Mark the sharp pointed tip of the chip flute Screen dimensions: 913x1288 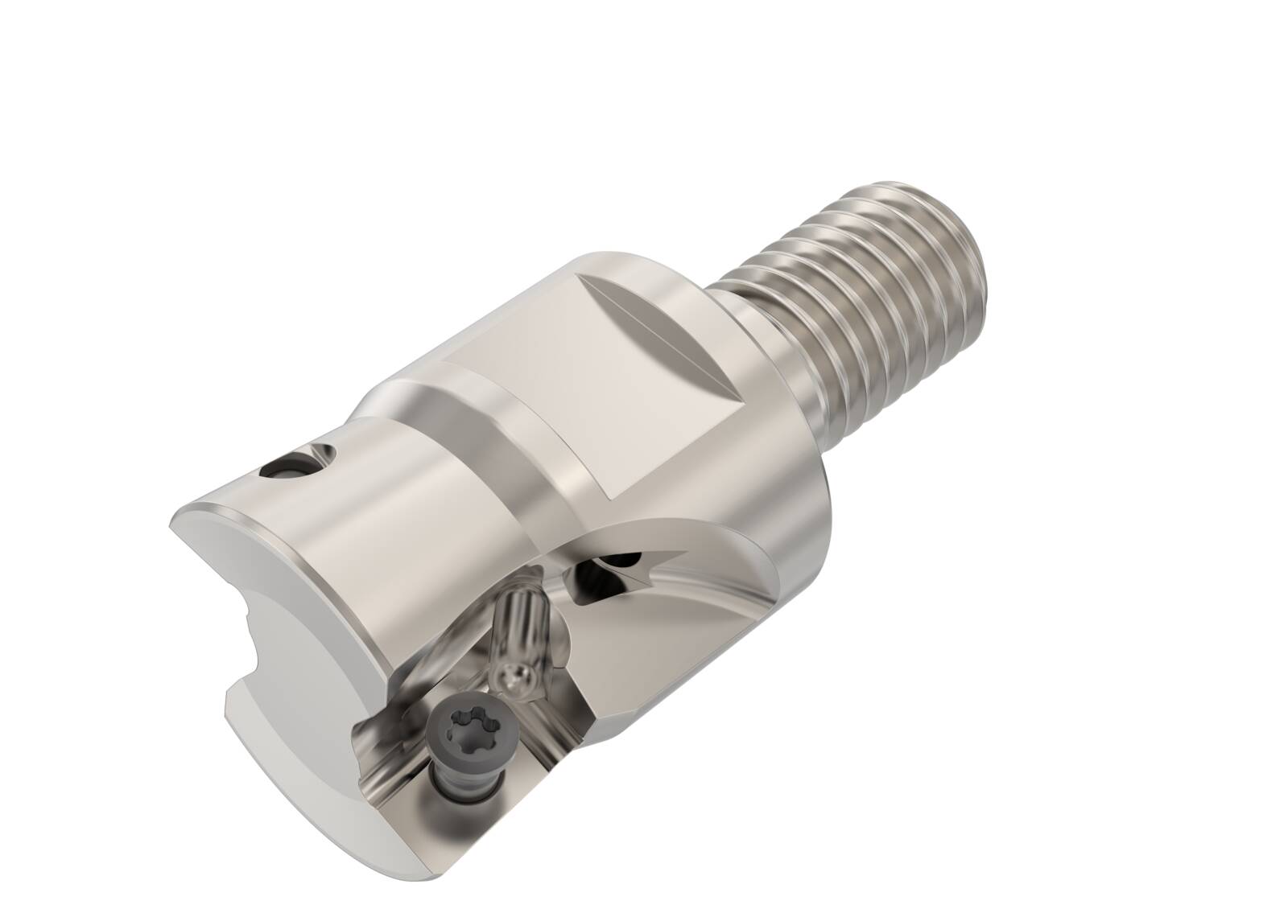(680, 553)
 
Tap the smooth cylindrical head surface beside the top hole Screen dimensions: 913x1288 (378, 515)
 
